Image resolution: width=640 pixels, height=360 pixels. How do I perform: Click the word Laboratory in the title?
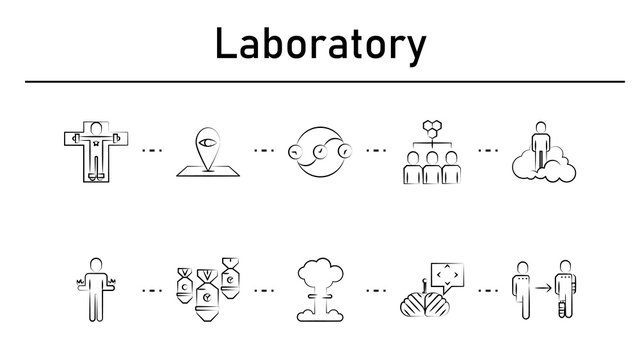point(320,44)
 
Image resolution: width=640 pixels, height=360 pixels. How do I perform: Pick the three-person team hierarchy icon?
point(431,152)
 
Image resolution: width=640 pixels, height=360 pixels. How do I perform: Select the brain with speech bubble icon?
point(432,290)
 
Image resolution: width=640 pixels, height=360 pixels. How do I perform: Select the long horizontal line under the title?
point(320,81)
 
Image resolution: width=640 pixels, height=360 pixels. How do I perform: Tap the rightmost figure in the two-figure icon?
point(567,290)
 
